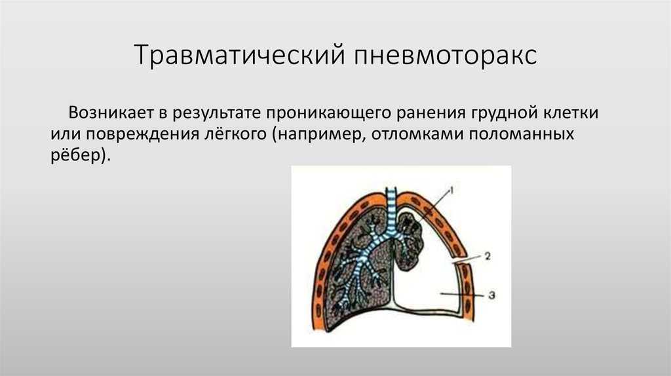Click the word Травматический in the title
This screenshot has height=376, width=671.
click(x=240, y=54)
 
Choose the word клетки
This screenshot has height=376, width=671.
click(x=571, y=113)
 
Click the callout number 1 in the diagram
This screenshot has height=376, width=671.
click(x=451, y=189)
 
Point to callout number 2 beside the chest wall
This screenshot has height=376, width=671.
click(x=488, y=256)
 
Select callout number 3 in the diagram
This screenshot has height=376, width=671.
click(x=491, y=295)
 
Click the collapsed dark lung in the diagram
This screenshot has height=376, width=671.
click(x=409, y=242)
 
